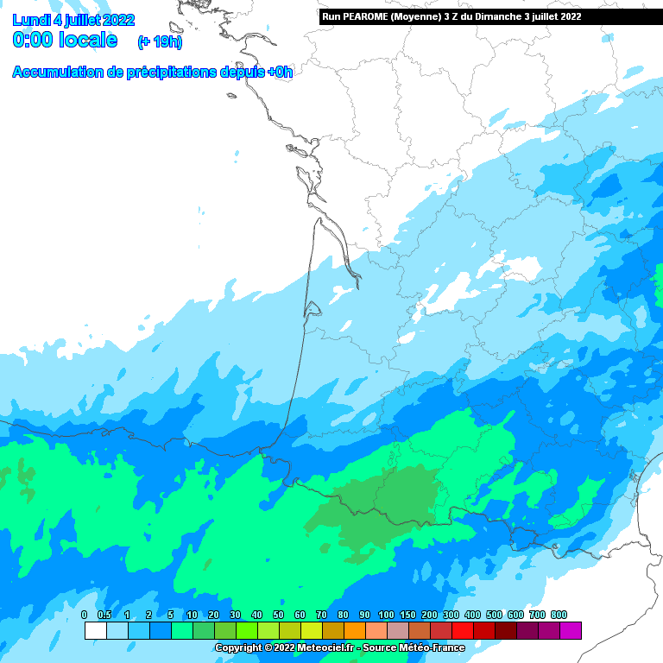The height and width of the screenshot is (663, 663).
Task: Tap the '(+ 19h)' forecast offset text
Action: tap(160, 42)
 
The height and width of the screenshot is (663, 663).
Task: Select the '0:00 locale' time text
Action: tap(66, 40)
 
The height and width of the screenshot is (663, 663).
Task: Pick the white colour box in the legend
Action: tap(95, 631)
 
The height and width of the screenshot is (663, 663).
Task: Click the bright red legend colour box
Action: tap(462, 631)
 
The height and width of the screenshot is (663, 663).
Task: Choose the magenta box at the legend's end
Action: tap(570, 631)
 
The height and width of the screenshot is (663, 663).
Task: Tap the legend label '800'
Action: tap(559, 615)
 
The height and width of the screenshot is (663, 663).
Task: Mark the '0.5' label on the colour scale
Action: tap(105, 615)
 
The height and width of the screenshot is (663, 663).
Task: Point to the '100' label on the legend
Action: tap(386, 615)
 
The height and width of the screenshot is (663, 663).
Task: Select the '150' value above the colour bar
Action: tap(407, 615)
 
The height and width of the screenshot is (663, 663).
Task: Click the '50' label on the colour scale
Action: tap(278, 615)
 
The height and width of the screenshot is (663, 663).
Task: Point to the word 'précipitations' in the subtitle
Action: tap(171, 73)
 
